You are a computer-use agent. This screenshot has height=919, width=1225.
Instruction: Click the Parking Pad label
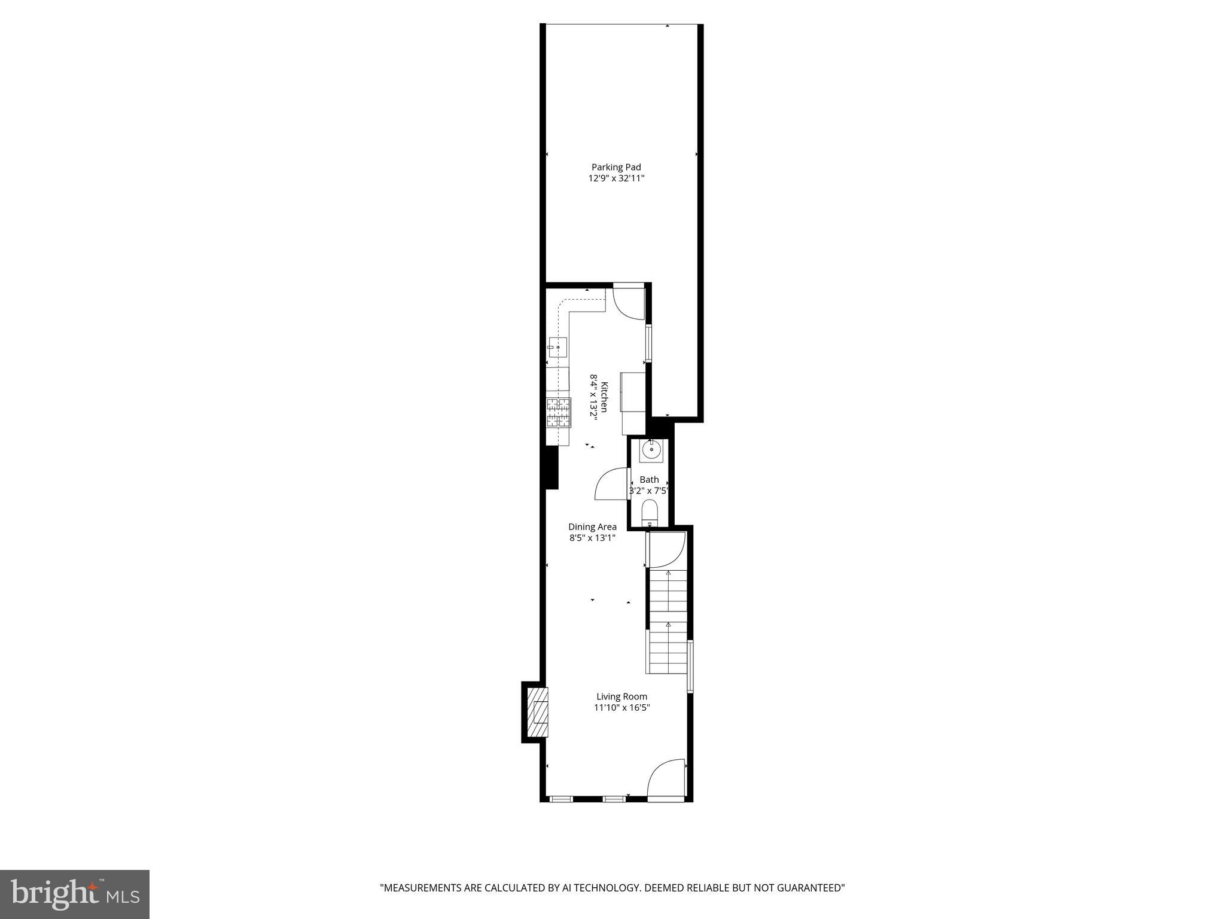tap(616, 168)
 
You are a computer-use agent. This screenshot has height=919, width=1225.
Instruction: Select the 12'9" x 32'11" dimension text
tap(616, 178)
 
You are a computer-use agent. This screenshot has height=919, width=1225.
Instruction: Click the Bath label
tap(649, 480)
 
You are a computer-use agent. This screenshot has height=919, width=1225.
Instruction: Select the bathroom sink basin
tap(651, 449)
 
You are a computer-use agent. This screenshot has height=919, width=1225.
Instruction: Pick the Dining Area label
tap(592, 527)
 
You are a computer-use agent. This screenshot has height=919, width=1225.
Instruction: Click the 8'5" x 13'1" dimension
tap(592, 538)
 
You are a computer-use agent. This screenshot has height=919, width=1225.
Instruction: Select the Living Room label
tap(621, 696)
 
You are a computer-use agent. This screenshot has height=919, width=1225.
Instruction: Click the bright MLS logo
tap(75, 894)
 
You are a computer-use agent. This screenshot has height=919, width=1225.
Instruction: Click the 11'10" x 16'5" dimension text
tap(621, 708)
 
